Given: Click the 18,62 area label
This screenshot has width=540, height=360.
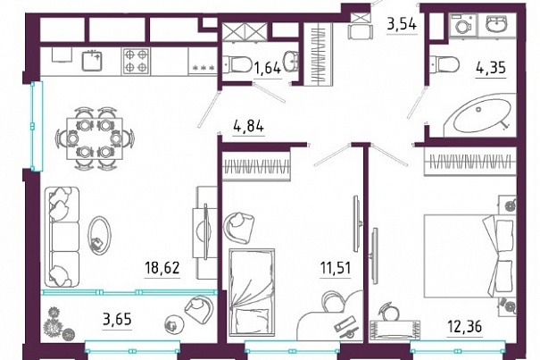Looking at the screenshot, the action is click(162, 268).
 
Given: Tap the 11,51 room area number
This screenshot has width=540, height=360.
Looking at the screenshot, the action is click(336, 268).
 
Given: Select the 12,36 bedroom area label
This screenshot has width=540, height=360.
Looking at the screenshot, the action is click(465, 326).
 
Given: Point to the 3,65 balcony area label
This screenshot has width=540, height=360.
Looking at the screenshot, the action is click(117, 319).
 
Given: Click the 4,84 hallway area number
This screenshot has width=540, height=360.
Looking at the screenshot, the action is click(249, 126).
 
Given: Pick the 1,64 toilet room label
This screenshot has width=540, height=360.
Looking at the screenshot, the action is click(267, 68).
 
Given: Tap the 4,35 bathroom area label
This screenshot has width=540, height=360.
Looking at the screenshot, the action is click(491, 68).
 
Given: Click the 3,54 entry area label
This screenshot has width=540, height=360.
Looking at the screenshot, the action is click(403, 24).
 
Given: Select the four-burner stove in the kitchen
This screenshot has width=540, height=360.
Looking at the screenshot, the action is click(136, 61).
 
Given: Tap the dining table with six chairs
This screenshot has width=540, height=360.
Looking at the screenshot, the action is click(95, 138).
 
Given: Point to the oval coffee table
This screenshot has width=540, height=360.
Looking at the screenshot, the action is click(99, 236).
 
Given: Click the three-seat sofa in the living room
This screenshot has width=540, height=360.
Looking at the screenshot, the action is click(62, 237).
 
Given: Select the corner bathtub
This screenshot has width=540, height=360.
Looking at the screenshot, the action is click(479, 116).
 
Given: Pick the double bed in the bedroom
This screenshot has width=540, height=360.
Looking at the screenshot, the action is click(469, 255).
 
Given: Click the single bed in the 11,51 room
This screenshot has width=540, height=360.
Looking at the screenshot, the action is click(252, 291).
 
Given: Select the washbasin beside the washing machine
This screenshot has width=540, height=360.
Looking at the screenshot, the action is click(497, 24).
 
